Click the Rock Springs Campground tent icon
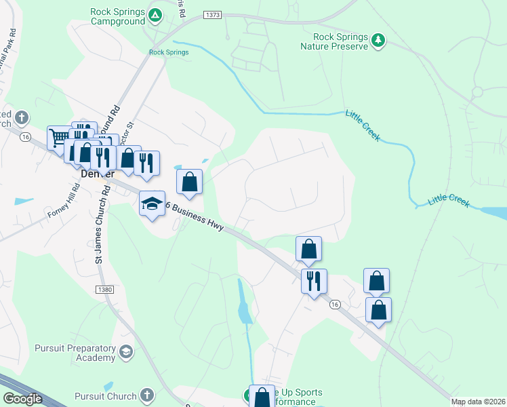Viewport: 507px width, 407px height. point(155,14)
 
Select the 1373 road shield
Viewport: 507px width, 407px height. point(211,14)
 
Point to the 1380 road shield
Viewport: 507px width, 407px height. point(105,289)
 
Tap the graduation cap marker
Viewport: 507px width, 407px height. point(152,203)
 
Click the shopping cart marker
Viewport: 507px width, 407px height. point(58,138)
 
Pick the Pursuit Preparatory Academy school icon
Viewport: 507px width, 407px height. point(125,351)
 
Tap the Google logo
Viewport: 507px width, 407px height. point(22,398)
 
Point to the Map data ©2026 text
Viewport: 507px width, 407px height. point(478,402)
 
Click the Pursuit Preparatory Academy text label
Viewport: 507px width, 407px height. point(74,353)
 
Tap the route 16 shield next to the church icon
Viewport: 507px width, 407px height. point(25,137)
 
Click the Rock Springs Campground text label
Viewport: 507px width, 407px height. point(118,17)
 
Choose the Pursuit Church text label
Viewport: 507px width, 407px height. point(105,395)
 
